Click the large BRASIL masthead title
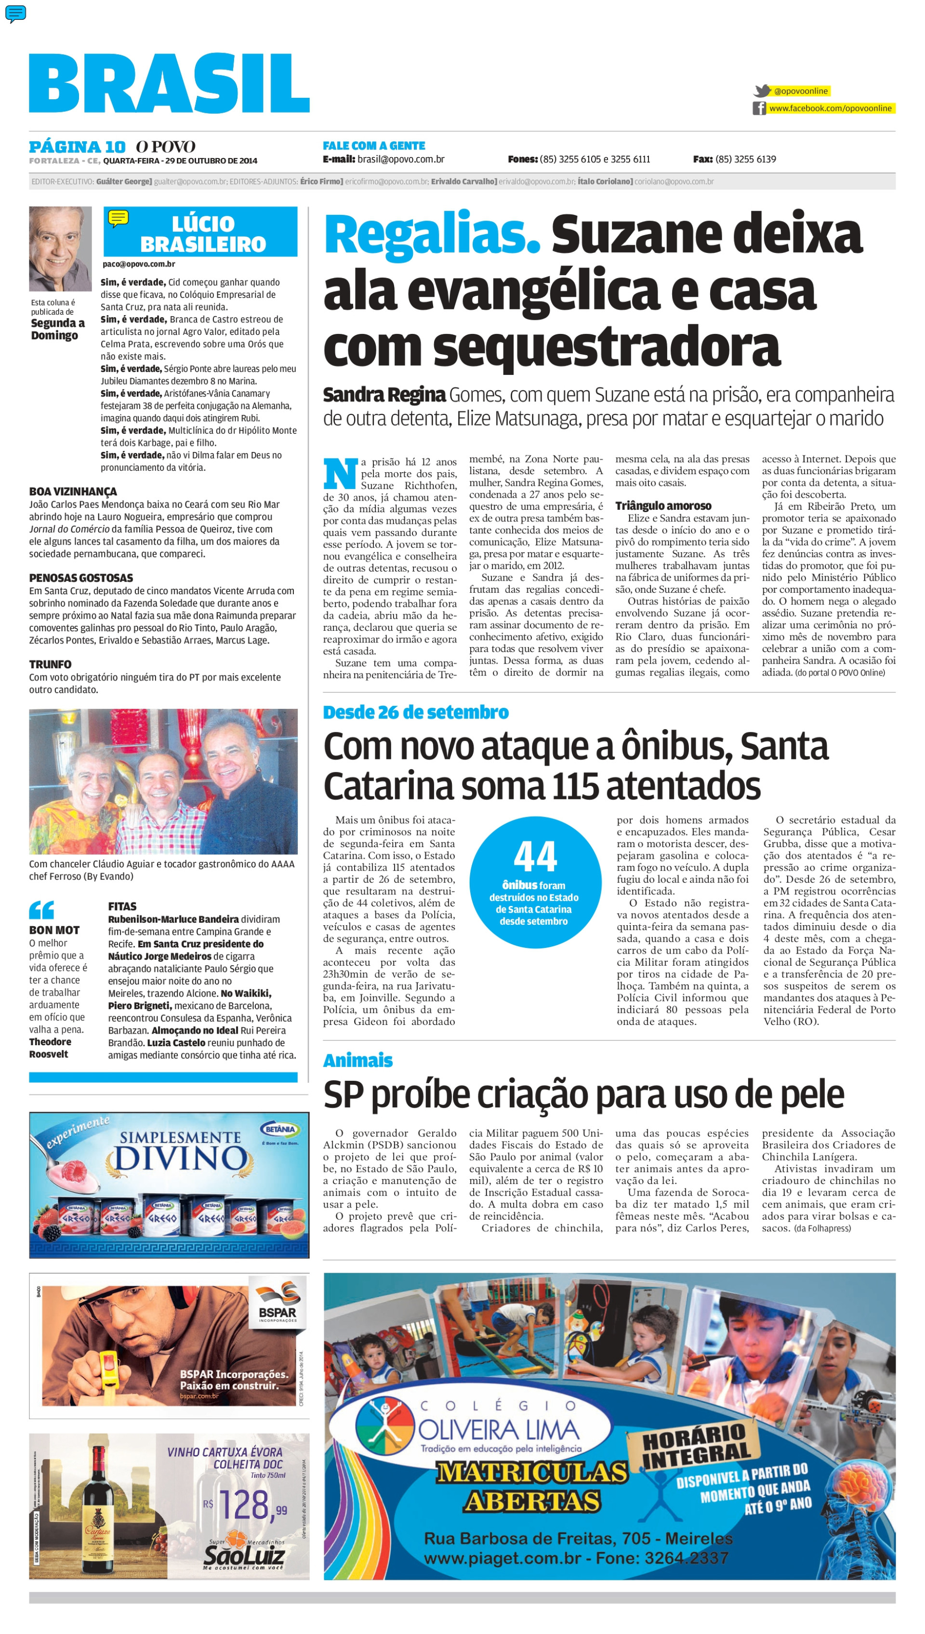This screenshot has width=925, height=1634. [169, 83]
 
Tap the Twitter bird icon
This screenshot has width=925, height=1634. [762, 91]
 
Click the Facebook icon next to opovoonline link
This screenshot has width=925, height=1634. [759, 108]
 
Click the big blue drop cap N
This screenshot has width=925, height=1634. [340, 474]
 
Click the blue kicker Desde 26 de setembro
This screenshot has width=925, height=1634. [415, 712]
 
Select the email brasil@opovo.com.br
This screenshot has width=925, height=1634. [400, 159]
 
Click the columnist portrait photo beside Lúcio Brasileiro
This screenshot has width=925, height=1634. [60, 249]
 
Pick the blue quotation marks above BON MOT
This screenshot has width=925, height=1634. [41, 910]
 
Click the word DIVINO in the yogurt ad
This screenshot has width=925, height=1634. [180, 1159]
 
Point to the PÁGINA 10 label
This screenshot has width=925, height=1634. [77, 147]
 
